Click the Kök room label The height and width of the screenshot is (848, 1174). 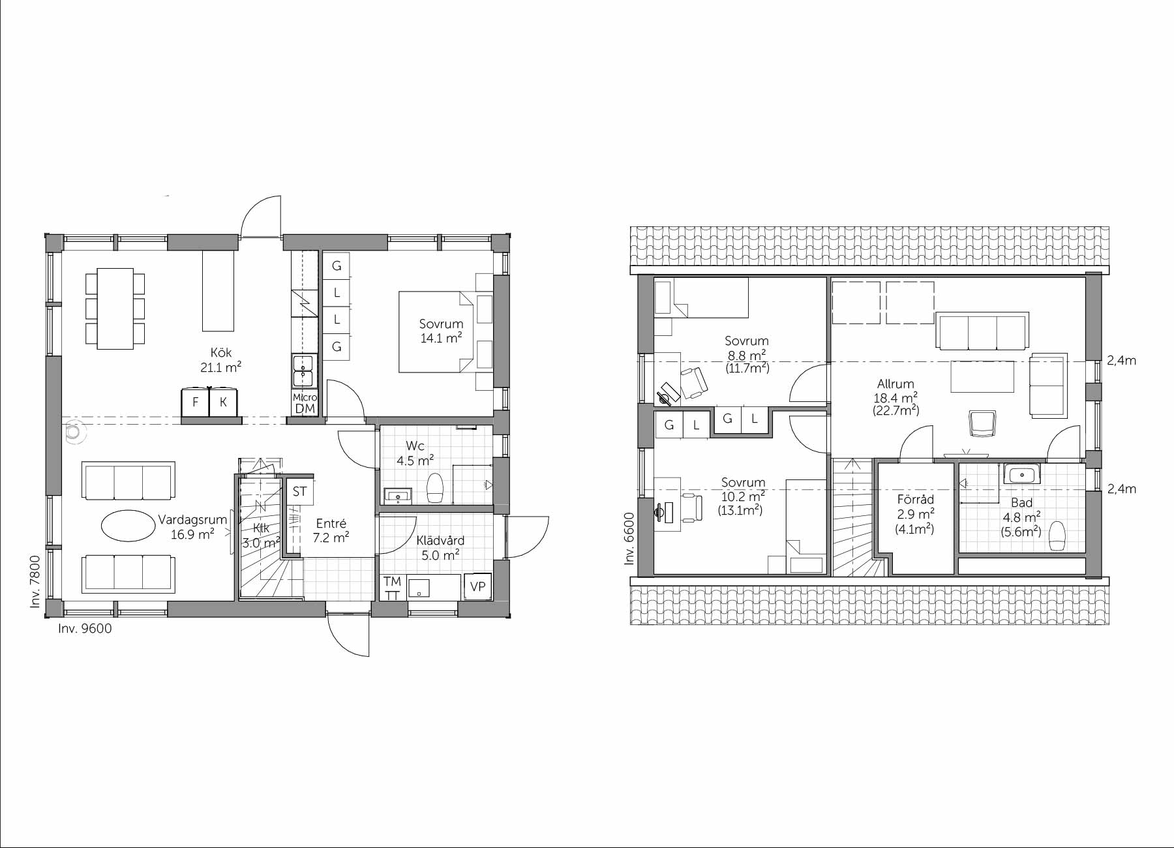point(221,353)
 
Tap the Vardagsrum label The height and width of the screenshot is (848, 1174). point(192,520)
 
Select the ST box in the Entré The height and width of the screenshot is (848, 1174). point(299,491)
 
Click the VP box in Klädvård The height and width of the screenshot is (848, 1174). point(477,586)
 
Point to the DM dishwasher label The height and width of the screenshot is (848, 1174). point(305,409)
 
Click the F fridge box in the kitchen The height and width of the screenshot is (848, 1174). point(195,402)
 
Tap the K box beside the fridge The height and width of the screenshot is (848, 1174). point(223,402)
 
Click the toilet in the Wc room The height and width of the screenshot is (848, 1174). point(435,487)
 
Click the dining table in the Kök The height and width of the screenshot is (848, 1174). point(115,308)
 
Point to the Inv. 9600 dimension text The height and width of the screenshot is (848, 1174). point(85,629)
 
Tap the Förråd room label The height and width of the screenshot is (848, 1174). point(915,500)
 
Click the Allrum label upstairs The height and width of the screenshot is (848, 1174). point(896,384)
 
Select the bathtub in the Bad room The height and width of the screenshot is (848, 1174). point(1023,474)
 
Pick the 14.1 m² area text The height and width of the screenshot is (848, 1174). point(442,338)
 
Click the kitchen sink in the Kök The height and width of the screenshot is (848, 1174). point(303,371)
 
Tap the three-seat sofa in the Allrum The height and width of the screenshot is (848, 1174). point(983,331)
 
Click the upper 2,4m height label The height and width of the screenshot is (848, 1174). point(1121,361)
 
